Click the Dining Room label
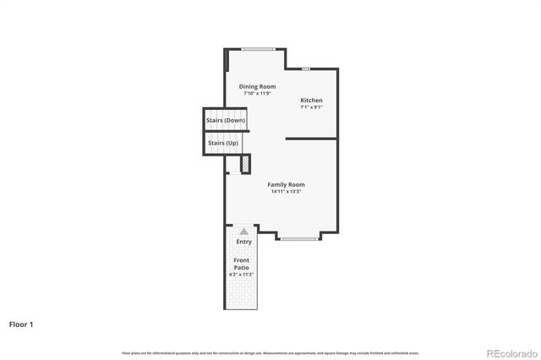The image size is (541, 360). click(257, 86)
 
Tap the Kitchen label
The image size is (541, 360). click(311, 101)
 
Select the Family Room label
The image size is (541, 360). click(287, 184)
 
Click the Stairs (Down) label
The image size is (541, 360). click(226, 121)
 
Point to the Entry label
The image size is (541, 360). click(243, 242)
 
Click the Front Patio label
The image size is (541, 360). click(242, 264)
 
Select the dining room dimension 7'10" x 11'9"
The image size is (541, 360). click(257, 93)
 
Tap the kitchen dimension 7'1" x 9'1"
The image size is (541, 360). click(311, 107)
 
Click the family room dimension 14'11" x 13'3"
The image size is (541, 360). click(287, 192)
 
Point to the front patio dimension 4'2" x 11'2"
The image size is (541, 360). click(242, 275)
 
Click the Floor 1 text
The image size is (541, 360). click(21, 324)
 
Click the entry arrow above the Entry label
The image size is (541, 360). click(243, 231)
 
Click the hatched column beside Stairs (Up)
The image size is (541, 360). click(244, 164)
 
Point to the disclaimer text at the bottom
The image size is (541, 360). click(270, 352)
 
